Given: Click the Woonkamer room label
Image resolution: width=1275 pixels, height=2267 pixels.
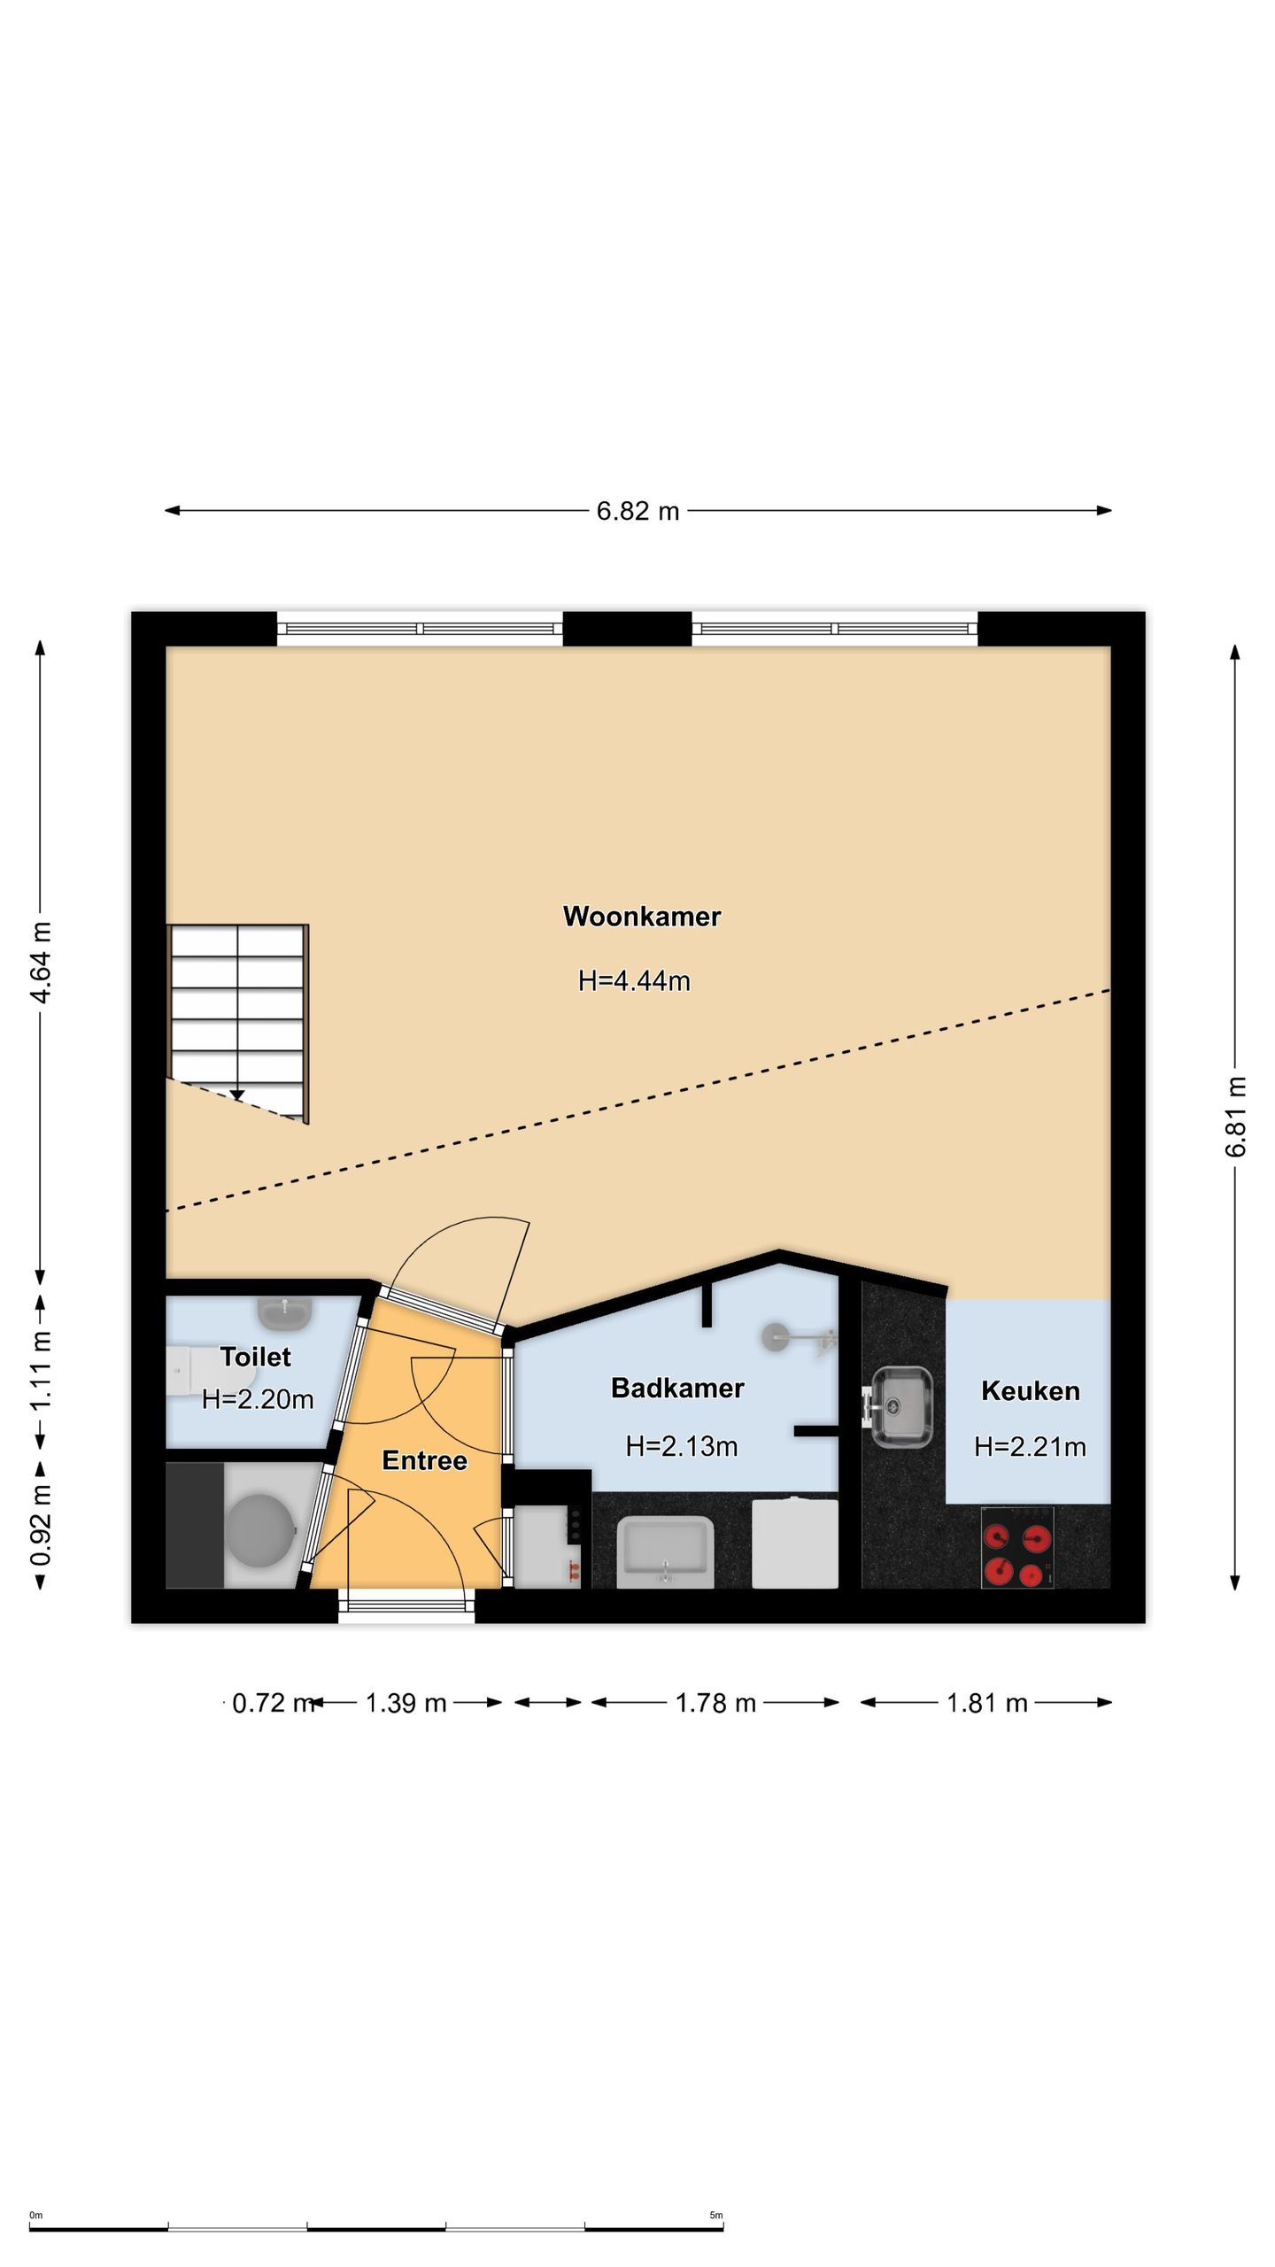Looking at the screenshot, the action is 642,917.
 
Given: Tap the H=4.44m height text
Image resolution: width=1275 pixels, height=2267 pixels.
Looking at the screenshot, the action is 634,981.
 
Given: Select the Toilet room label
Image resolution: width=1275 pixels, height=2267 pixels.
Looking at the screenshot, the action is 255,1357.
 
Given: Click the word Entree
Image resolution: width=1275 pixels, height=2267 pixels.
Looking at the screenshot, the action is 424,1460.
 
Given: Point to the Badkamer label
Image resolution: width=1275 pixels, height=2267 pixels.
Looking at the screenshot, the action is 677,1388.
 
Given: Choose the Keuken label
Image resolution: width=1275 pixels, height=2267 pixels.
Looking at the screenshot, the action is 1031,1391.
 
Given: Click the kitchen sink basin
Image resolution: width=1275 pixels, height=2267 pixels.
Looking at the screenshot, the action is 900,1405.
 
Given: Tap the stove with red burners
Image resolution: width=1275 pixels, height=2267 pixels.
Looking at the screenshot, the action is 1017,1546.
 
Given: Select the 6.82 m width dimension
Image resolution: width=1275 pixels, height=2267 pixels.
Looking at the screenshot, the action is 637,511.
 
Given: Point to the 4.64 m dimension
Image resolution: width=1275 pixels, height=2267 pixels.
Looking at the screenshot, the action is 41,962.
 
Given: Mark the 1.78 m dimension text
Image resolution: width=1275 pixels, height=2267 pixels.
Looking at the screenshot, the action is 715,1703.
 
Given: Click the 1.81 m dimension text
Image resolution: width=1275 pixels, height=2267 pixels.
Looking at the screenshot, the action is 987,1703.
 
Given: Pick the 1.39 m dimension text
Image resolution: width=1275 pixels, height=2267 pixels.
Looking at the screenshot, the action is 406,1703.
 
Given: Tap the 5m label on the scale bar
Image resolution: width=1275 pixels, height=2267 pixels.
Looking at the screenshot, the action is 716,2216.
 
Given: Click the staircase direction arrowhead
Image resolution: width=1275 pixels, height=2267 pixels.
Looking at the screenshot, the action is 237,1096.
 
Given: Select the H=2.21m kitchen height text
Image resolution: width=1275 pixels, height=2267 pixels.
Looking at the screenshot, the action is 1030,1447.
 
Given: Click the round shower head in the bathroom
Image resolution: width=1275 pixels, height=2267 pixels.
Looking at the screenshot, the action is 777,1336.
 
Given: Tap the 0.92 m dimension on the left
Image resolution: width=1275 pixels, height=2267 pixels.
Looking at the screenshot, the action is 41,1525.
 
